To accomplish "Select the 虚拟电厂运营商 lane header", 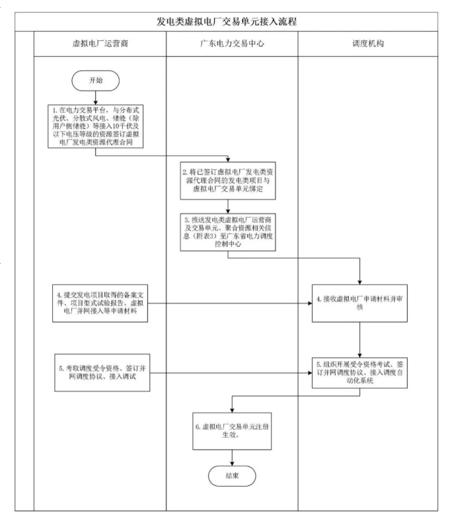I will (x=99, y=45).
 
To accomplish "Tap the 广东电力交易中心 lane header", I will (x=231, y=45).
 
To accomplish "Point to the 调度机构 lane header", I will (x=363, y=45).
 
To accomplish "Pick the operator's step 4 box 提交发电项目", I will (x=99, y=302).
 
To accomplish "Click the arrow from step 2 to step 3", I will (x=229, y=206).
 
